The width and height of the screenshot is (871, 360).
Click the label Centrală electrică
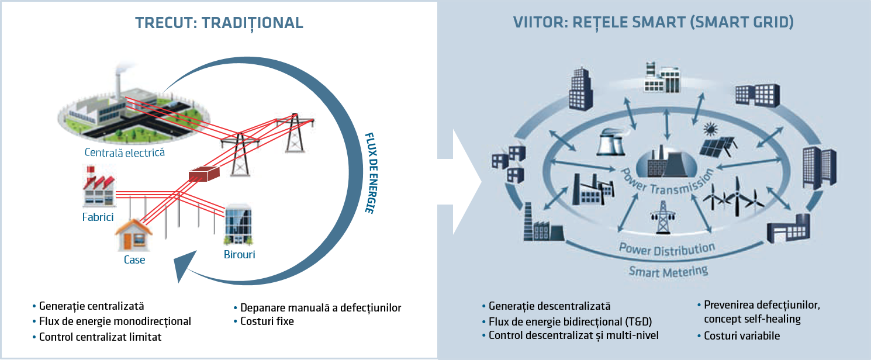pyautogui.click(x=124, y=153)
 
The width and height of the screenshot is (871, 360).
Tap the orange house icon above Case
pyautogui.click(x=133, y=232)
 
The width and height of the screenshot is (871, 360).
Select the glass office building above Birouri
pyautogui.click(x=238, y=225)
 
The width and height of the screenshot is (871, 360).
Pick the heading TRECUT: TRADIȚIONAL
pyautogui.click(x=219, y=23)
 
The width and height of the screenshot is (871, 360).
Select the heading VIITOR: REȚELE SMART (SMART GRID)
pyautogui.click(x=653, y=23)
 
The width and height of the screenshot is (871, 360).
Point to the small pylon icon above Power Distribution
pyautogui.click(x=663, y=218)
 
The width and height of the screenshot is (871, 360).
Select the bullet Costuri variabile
pyautogui.click(x=741, y=336)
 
